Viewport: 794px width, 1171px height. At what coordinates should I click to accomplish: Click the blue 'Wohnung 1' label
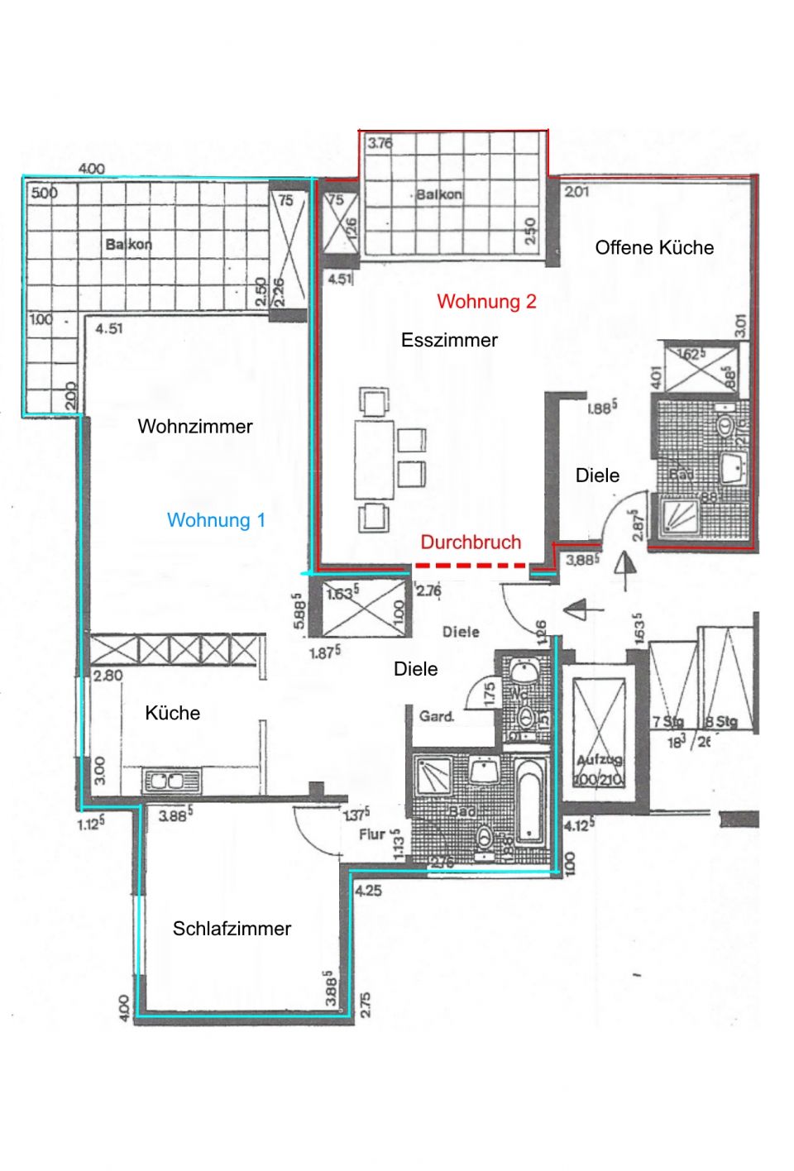[x=216, y=520]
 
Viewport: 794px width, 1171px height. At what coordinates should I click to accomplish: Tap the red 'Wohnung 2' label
[x=486, y=301]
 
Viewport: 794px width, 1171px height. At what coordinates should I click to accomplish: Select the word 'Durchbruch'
[x=471, y=542]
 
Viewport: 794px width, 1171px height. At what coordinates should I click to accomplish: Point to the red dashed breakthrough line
[x=470, y=566]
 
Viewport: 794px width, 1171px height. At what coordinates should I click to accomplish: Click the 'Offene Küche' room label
[x=654, y=247]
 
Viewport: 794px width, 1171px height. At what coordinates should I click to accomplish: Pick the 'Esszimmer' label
[x=449, y=340]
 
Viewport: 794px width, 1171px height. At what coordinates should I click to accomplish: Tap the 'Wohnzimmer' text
[x=194, y=427]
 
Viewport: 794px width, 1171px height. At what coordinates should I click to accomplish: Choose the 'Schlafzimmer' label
[x=232, y=929]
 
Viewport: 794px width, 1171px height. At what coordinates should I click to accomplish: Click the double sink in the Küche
[x=171, y=781]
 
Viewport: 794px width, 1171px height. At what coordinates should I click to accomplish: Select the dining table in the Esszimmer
[x=374, y=460]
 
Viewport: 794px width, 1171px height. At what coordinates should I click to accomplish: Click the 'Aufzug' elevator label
[x=600, y=760]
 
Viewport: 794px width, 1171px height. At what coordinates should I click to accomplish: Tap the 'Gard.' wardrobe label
[x=436, y=716]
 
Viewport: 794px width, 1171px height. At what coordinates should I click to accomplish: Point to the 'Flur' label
[x=371, y=834]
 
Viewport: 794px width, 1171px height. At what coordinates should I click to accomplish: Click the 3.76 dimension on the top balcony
[x=380, y=143]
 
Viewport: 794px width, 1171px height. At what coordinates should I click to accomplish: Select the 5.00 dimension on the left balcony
[x=44, y=193]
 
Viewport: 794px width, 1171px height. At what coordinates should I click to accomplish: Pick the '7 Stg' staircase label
[x=667, y=722]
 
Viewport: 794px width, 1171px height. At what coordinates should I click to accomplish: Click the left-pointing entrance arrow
[x=574, y=610]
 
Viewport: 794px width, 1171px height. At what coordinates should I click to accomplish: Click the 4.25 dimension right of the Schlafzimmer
[x=369, y=891]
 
